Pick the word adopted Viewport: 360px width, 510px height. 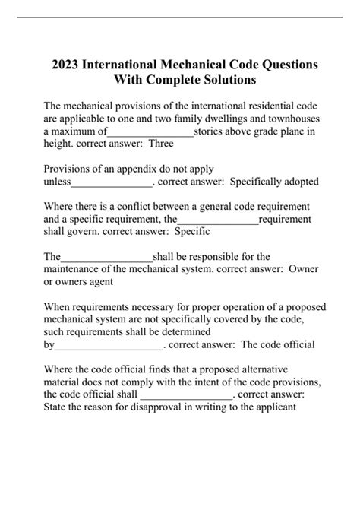click(298, 182)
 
